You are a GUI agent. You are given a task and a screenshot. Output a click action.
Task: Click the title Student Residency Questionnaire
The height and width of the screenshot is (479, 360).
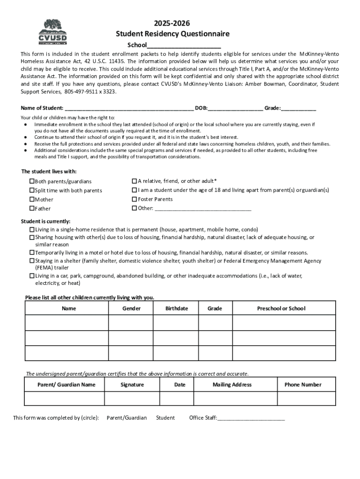click(173, 34)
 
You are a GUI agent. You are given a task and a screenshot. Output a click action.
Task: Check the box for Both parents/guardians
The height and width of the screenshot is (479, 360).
click(32, 181)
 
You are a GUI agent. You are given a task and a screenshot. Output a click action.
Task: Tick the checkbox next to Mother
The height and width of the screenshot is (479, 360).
click(32, 199)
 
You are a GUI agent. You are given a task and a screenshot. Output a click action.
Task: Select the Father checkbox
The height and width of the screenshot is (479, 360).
click(32, 208)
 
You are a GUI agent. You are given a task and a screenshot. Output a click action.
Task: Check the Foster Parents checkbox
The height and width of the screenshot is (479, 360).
click(134, 199)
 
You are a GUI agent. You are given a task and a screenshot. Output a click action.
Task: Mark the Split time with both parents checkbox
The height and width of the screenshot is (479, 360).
click(32, 190)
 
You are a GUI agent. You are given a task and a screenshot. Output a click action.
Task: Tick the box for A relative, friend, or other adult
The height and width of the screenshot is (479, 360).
click(134, 181)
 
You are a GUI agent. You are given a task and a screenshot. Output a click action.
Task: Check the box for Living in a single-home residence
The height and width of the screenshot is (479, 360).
click(32, 230)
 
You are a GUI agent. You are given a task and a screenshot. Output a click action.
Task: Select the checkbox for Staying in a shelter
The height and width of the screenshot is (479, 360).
click(32, 261)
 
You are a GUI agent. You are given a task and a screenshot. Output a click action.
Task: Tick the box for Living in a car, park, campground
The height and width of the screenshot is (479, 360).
click(32, 276)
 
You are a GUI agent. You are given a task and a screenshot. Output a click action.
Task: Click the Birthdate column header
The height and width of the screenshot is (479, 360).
click(177, 308)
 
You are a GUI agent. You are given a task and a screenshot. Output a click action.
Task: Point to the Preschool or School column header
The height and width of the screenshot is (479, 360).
click(281, 308)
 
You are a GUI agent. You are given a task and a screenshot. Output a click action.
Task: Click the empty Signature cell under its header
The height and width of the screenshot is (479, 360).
click(132, 398)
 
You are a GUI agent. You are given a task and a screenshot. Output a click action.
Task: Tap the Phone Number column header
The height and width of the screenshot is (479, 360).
click(302, 385)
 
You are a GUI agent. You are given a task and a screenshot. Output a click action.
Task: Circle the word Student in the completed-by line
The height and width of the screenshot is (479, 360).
click(165, 418)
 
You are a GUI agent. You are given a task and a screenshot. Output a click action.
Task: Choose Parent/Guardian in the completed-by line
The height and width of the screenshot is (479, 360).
click(126, 418)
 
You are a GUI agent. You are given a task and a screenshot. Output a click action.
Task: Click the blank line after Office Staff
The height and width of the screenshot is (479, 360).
click(251, 419)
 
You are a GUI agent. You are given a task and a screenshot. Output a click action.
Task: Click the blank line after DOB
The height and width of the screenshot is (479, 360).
click(236, 109)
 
